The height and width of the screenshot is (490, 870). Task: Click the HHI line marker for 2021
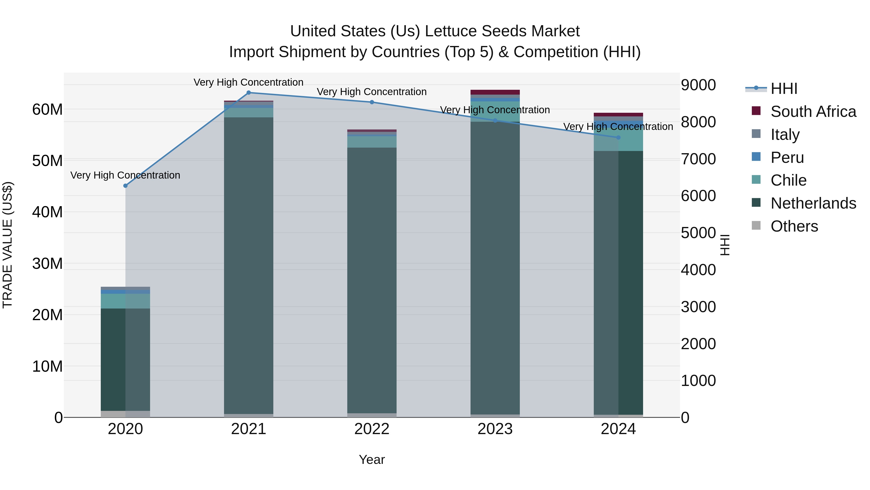click(x=249, y=93)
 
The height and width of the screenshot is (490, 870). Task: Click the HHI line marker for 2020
click(x=125, y=186)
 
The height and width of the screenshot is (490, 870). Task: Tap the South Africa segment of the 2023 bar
click(x=495, y=92)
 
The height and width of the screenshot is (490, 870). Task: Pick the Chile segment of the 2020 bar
click(x=125, y=301)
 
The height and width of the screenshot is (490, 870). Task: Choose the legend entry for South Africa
click(x=813, y=112)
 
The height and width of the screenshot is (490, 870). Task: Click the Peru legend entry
click(x=787, y=158)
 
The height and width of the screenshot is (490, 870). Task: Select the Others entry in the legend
click(x=794, y=226)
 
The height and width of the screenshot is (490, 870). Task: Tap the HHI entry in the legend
click(x=783, y=89)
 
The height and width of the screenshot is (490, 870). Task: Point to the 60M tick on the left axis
click(x=47, y=110)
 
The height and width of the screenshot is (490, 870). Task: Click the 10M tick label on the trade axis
click(x=47, y=366)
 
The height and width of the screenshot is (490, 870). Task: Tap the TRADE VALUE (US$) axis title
click(x=8, y=245)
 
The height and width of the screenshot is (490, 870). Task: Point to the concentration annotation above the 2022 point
click(x=372, y=92)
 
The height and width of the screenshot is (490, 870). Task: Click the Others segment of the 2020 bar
click(x=125, y=414)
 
